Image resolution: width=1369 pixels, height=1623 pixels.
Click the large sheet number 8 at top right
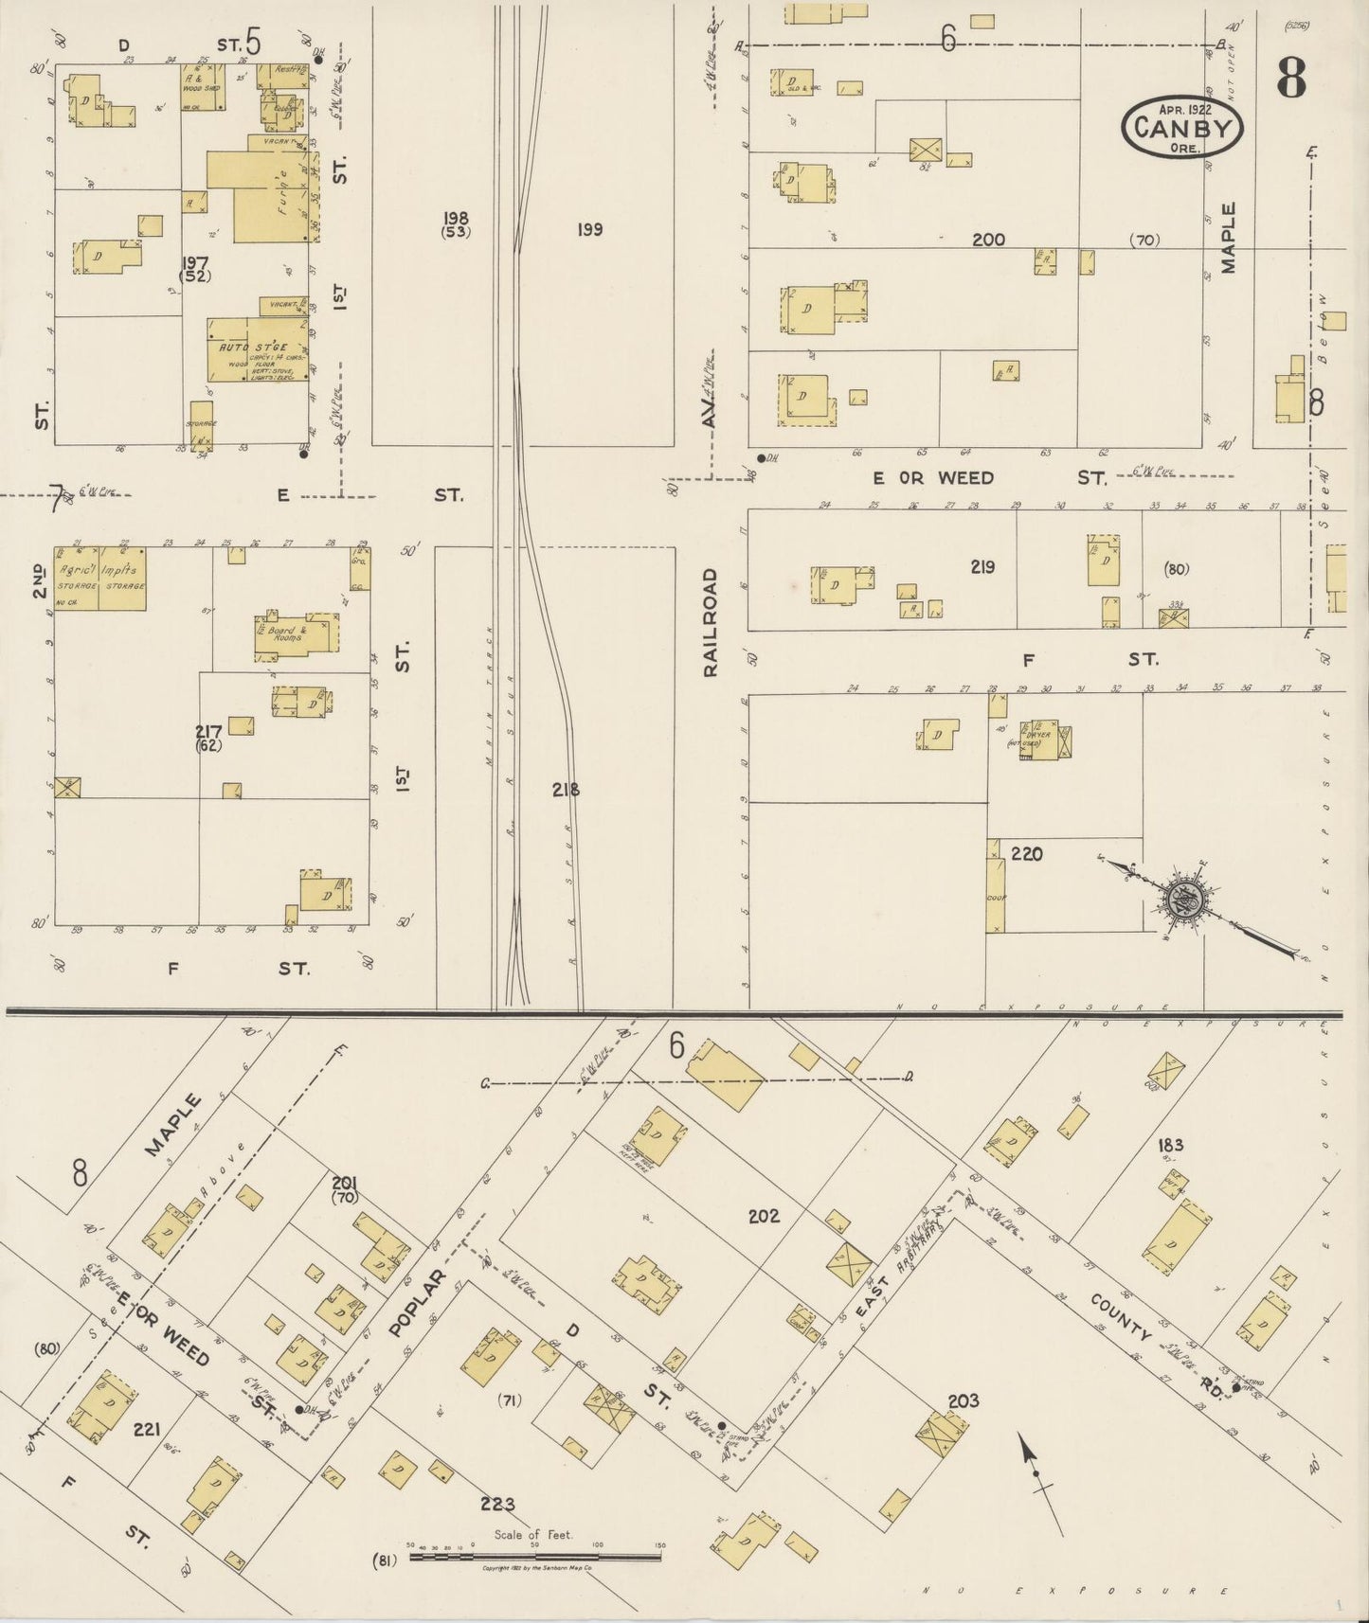1290,79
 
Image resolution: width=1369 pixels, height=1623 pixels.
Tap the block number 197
197,262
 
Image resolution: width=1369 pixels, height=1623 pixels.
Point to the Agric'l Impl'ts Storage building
99,578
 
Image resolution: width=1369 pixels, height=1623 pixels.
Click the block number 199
589,229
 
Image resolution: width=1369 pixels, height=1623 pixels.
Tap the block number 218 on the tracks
566,789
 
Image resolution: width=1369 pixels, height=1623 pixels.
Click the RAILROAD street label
711,622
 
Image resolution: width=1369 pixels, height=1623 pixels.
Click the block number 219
982,566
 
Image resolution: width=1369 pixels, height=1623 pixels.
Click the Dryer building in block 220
1046,740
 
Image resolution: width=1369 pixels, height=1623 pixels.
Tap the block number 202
763,1215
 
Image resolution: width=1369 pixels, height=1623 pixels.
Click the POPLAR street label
416,1304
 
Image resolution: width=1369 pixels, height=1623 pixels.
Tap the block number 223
496,1503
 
